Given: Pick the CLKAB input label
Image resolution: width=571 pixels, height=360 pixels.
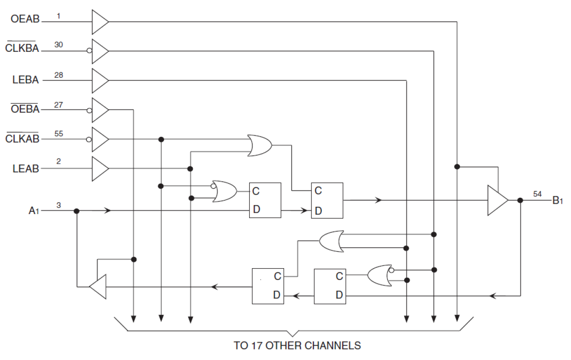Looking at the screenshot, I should point(23,139).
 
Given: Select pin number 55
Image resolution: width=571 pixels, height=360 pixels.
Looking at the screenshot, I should point(59,134).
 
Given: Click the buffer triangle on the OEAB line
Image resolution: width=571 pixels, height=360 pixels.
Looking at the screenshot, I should point(100,21).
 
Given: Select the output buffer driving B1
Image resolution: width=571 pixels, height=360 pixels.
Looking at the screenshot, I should point(497,200).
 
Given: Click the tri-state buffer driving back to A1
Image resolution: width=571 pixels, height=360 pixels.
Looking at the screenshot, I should point(98,287).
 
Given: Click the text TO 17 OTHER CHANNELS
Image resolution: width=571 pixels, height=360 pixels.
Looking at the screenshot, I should point(297,346).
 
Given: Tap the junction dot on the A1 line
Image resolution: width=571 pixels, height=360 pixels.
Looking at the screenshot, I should point(76,211).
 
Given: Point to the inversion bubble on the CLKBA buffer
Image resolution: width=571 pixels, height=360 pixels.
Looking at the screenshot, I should point(90,51).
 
